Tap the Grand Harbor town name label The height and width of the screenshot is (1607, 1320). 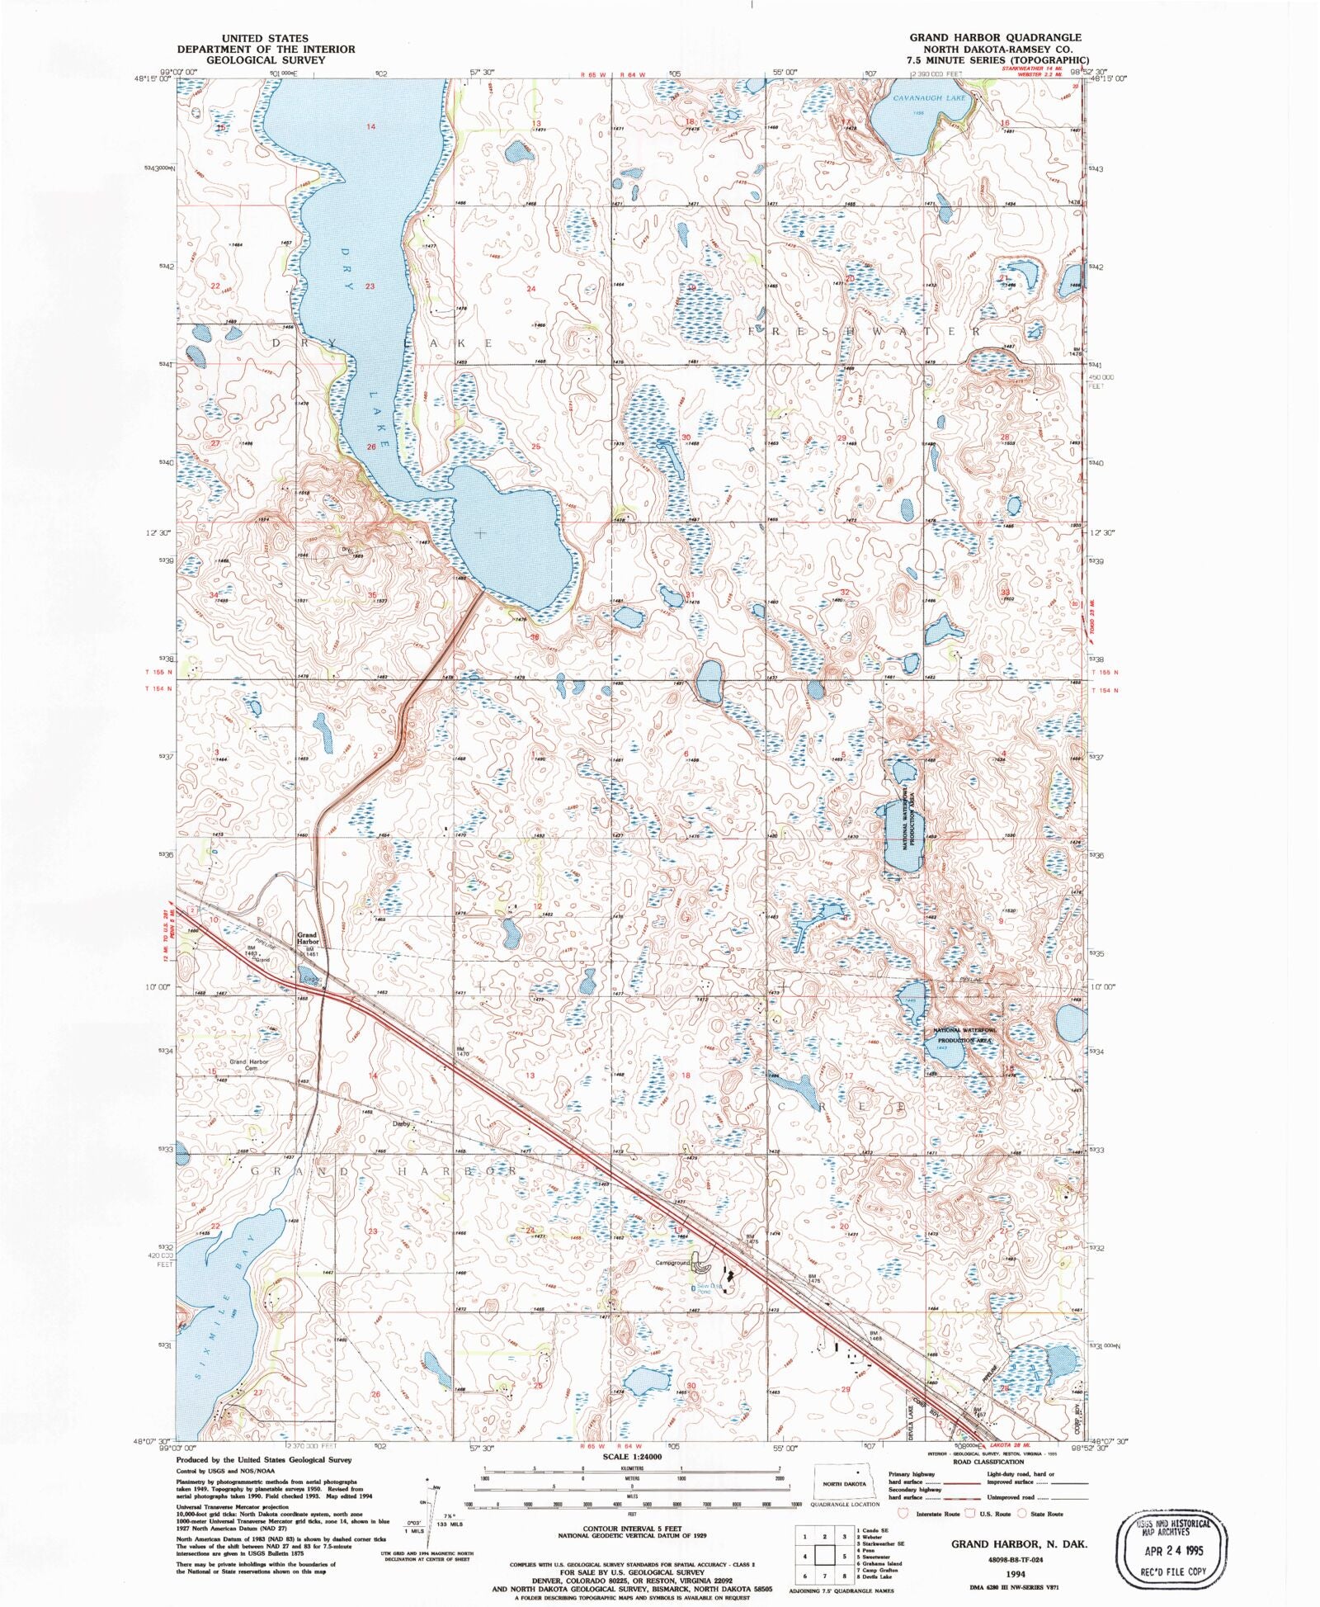tap(307, 938)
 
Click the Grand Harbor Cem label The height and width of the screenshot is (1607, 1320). tap(249, 1065)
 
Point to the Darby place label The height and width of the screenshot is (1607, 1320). tap(401, 1123)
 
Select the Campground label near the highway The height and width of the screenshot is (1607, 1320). tap(672, 1263)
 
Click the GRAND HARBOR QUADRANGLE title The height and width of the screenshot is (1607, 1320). tap(995, 38)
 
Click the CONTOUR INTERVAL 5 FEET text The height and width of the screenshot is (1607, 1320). tap(631, 1529)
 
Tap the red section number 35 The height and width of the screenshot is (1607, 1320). tap(372, 595)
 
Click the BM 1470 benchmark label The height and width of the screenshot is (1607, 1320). tap(461, 1052)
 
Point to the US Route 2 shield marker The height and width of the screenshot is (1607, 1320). tap(191, 910)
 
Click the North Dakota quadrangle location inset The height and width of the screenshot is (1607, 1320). tap(844, 1483)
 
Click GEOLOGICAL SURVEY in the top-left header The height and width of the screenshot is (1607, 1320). tap(266, 60)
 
